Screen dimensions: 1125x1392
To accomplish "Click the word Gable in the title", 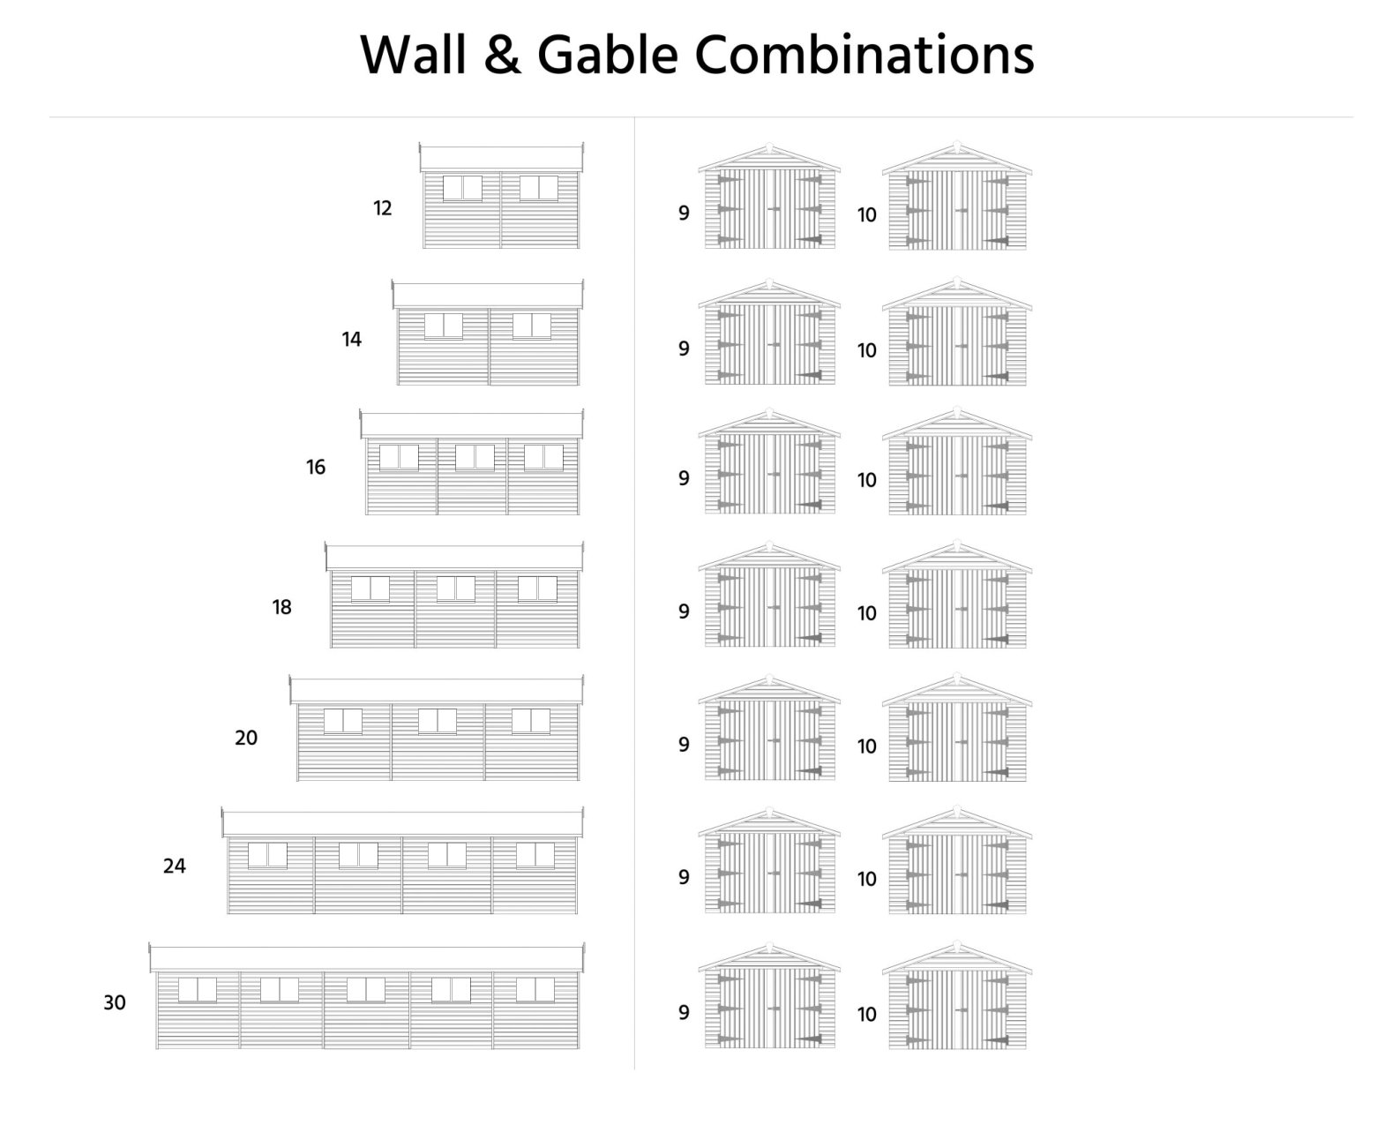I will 608,55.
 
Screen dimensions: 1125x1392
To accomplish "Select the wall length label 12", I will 382,208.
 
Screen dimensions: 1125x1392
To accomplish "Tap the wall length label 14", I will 351,339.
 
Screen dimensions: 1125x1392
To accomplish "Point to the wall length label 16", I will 316,467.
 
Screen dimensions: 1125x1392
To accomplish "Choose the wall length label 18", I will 281,607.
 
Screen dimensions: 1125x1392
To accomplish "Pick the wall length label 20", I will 246,737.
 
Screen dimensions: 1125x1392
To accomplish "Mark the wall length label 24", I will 175,866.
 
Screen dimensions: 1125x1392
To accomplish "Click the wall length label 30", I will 115,1002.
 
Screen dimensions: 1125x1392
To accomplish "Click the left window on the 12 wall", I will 462,188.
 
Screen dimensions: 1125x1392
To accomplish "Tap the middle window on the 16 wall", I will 475,457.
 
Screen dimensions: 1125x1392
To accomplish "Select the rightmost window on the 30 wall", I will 535,990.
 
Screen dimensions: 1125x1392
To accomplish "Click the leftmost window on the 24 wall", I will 267,855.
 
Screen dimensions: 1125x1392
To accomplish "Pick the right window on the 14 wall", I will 531,325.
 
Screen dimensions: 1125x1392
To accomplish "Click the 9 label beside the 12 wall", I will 684,213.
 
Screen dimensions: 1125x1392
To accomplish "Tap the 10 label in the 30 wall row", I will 867,1015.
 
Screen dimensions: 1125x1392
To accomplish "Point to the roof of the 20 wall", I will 437,691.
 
